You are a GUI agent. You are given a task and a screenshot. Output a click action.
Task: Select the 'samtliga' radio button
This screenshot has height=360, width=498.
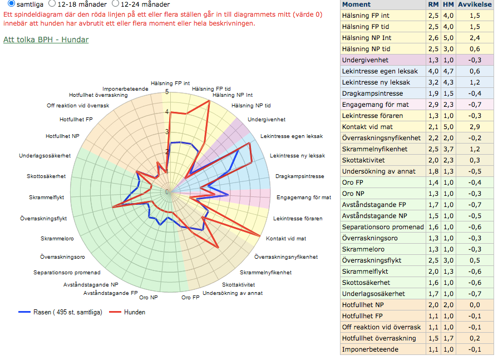pyautogui.click(x=11, y=4)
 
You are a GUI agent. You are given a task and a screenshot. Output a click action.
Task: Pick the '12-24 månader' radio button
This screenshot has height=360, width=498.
pyautogui.click(x=116, y=4)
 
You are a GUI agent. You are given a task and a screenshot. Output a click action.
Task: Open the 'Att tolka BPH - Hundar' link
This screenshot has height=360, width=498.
pyautogui.click(x=46, y=40)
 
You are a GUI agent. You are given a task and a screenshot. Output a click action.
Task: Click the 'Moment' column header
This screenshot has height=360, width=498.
pyautogui.click(x=357, y=4)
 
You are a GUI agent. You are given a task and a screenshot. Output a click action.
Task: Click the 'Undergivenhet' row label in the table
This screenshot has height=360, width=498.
pyautogui.click(x=366, y=60)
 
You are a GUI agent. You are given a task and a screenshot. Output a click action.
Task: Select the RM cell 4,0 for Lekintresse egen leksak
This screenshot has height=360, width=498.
pyautogui.click(x=433, y=71)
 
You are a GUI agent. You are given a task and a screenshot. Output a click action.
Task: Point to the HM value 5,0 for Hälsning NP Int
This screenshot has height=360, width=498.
pyautogui.click(x=448, y=38)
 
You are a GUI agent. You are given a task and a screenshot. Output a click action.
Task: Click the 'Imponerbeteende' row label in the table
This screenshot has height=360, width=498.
pyautogui.click(x=370, y=349)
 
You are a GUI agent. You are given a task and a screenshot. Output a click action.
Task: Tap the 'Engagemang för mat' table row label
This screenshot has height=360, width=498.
pyautogui.click(x=375, y=105)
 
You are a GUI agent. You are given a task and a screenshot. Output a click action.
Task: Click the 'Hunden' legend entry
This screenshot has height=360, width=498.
pyautogui.click(x=134, y=312)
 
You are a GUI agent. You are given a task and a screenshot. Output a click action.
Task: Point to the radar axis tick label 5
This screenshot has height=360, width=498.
pyautogui.click(x=167, y=91)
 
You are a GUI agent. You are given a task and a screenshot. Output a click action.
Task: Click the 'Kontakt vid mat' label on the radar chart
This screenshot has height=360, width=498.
pyautogui.click(x=286, y=238)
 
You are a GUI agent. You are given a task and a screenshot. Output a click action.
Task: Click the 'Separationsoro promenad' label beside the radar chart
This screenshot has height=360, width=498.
pyautogui.click(x=67, y=273)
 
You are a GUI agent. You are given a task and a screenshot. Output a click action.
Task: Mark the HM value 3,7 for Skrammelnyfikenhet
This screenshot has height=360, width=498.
pyautogui.click(x=448, y=149)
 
